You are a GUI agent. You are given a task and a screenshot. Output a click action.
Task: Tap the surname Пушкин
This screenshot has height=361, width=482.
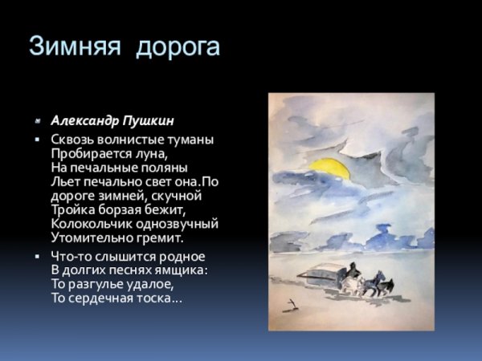tap(149, 121)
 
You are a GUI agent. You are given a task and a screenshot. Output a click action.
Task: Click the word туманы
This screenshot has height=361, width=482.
tap(190, 139)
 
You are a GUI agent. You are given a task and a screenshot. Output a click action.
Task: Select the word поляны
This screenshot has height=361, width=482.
tap(165, 168)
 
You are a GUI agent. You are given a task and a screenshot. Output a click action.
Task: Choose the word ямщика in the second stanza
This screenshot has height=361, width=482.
tap(183, 270)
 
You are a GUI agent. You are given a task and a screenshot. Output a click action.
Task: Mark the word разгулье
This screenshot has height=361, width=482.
tap(94, 284)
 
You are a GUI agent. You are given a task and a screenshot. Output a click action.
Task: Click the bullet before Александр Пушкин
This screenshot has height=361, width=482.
tap(37, 122)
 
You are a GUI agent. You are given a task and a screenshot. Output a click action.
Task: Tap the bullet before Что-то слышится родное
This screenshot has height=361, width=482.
tap(37, 256)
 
